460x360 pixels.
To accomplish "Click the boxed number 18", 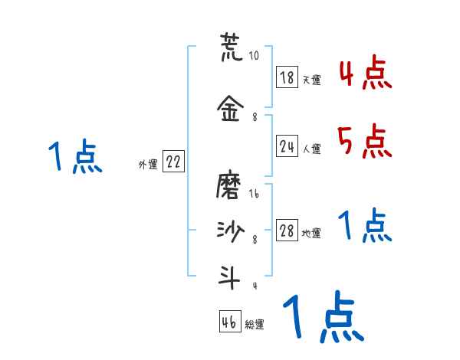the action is (287, 77).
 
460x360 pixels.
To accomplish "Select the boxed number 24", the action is (287, 146).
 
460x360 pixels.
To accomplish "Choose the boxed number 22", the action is (173, 162).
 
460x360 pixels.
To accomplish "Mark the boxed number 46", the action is (228, 322).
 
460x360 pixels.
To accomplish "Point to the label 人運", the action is (311, 149).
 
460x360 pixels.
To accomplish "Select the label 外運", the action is (147, 164).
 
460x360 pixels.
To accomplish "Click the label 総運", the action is (255, 325).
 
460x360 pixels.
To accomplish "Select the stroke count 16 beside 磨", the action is (254, 195).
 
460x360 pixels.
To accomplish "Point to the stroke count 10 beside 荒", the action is (254, 56).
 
